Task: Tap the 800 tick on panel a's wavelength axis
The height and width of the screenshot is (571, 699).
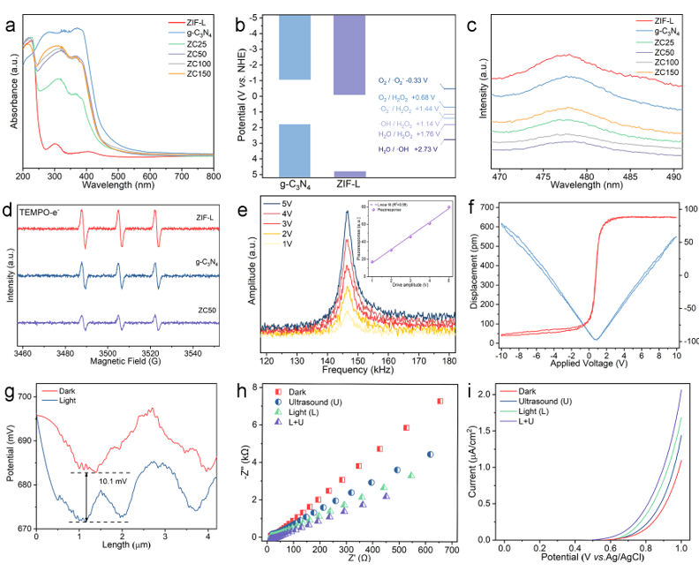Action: [213, 176]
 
